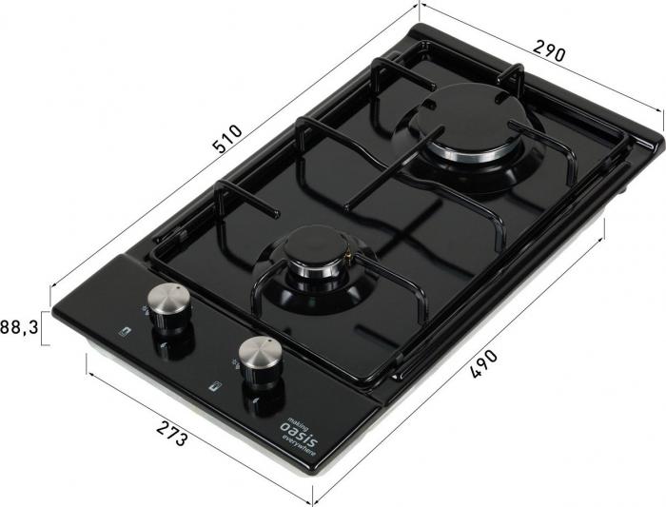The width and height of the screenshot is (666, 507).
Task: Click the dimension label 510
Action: click(228, 139)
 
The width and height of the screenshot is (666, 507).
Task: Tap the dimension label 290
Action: click(549, 50)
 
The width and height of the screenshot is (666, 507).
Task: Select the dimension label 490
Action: click(483, 364)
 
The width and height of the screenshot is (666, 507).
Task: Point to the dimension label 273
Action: click(171, 433)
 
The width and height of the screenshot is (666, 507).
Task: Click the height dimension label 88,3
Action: click(19, 327)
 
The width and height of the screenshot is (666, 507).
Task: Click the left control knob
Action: click(169, 304)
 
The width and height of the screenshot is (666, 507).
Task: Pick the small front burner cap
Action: click(316, 247)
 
